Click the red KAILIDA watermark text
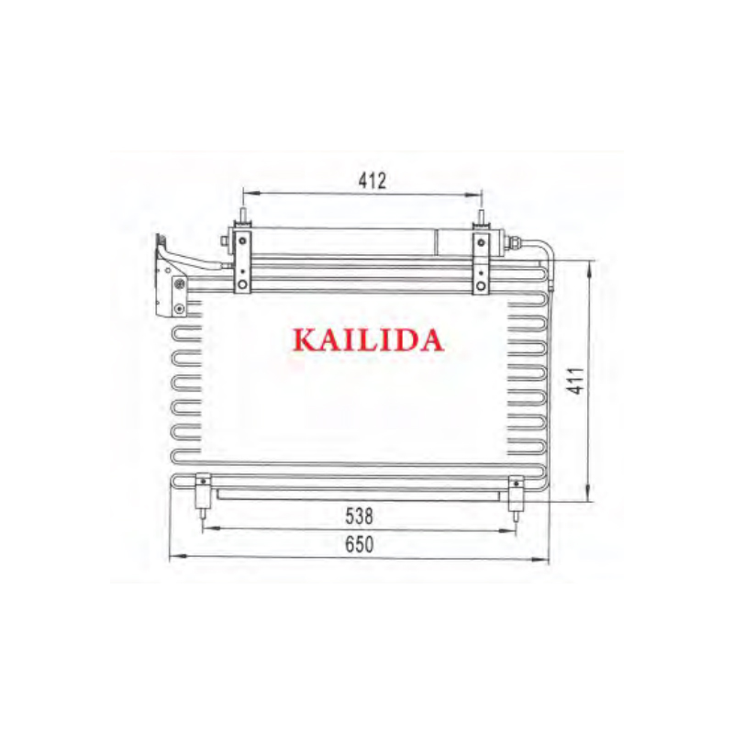click(x=368, y=339)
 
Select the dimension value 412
click(x=373, y=181)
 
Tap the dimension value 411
click(x=578, y=381)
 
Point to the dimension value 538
click(x=359, y=517)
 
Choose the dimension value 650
click(x=359, y=544)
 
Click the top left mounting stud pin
click(x=243, y=217)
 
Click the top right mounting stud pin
click(x=481, y=217)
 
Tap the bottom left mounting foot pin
click(x=203, y=515)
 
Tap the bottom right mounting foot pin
click(x=516, y=516)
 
